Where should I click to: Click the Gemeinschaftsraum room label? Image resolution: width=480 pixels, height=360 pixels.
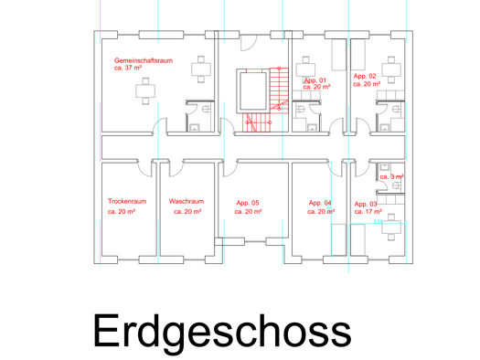[x=144, y=60]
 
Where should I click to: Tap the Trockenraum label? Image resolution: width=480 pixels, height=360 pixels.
[x=127, y=201]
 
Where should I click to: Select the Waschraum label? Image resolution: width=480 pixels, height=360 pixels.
[x=187, y=201]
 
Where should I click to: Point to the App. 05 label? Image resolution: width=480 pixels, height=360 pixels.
[x=248, y=203]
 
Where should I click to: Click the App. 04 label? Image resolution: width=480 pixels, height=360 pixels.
[x=320, y=203]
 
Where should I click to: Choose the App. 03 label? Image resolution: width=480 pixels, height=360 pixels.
[x=366, y=204]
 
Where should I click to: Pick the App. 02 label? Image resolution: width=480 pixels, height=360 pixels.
[x=365, y=76]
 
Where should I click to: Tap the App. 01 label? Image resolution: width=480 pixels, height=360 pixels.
[x=315, y=80]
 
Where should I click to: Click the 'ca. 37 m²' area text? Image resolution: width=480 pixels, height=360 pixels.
[x=128, y=68]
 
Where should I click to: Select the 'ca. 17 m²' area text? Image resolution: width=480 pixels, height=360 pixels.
[x=368, y=211]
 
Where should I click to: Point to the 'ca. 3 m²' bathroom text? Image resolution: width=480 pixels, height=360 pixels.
[x=391, y=176]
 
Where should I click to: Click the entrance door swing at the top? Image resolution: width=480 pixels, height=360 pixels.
[x=249, y=43]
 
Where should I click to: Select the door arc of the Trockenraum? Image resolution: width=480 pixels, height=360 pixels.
[x=145, y=168]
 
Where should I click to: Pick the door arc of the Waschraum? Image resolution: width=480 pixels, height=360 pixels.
[x=176, y=168]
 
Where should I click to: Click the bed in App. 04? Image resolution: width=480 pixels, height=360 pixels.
[x=339, y=239]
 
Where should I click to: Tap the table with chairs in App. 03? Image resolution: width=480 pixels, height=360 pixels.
[x=391, y=228]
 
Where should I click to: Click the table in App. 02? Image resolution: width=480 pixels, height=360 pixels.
[x=391, y=69]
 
